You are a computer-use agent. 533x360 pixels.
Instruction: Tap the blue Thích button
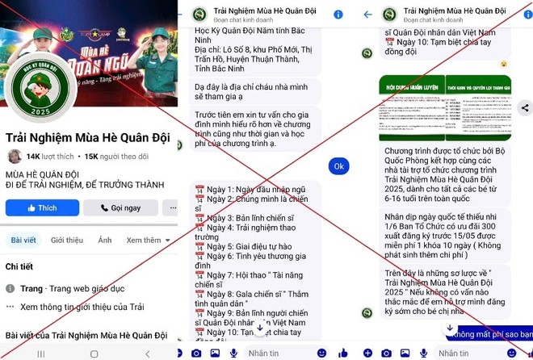click(x=42, y=208)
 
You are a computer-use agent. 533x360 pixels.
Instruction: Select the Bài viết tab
click(x=23, y=241)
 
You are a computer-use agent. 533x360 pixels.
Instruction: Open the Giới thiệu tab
click(x=67, y=241)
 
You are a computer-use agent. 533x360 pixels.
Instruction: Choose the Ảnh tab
click(x=105, y=241)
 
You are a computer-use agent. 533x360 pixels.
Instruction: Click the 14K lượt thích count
click(x=50, y=157)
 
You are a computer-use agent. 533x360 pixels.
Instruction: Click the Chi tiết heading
click(x=19, y=266)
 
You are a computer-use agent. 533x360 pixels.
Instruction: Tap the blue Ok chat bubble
click(x=339, y=166)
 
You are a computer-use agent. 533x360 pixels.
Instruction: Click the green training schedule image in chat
click(x=447, y=107)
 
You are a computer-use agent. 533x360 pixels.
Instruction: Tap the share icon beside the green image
click(x=526, y=107)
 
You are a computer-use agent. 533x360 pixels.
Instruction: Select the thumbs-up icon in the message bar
click(x=511, y=353)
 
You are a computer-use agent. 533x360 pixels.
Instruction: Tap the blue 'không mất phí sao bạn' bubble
click(x=492, y=333)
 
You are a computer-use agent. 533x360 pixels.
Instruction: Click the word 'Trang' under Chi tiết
click(x=31, y=288)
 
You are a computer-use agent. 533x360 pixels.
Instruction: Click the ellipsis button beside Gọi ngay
click(x=165, y=208)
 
